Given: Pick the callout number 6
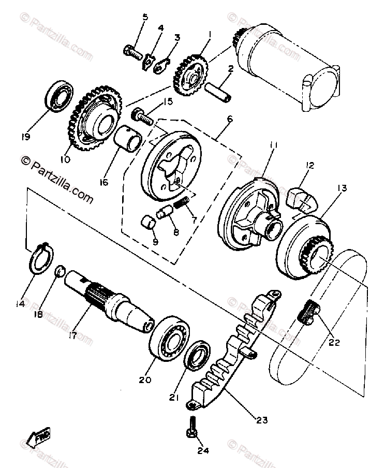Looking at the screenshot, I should [229, 119].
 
